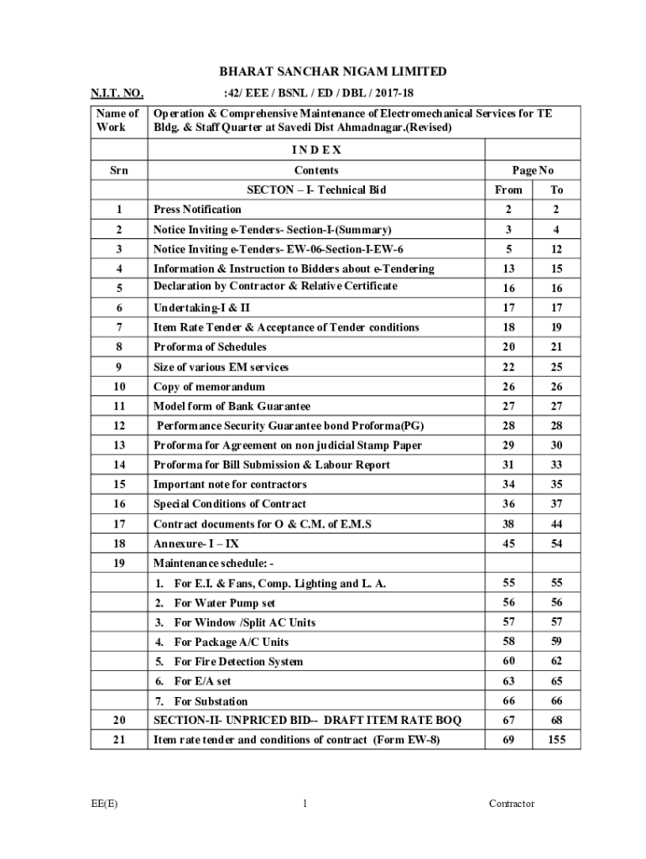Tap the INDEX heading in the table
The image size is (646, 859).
pyautogui.click(x=316, y=150)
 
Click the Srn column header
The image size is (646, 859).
pyautogui.click(x=119, y=170)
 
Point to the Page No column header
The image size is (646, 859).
pyautogui.click(x=532, y=170)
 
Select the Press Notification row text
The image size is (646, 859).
pyautogui.click(x=197, y=210)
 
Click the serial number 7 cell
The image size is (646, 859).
pyautogui.click(x=119, y=327)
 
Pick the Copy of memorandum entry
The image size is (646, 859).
pyautogui.click(x=209, y=387)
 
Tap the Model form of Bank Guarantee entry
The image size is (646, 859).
pyautogui.click(x=232, y=406)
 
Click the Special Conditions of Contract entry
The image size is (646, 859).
pyautogui.click(x=229, y=504)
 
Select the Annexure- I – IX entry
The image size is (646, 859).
pyautogui.click(x=196, y=544)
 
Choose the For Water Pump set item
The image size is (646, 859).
pyautogui.click(x=224, y=603)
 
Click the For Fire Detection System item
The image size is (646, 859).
pyautogui.click(x=237, y=662)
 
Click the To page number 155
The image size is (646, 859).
pyautogui.click(x=556, y=740)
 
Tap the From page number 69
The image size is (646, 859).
pyautogui.click(x=508, y=740)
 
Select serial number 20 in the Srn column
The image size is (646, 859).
pyautogui.click(x=119, y=721)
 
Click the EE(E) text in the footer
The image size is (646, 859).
pyautogui.click(x=105, y=804)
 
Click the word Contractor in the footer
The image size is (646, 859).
pyautogui.click(x=512, y=804)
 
